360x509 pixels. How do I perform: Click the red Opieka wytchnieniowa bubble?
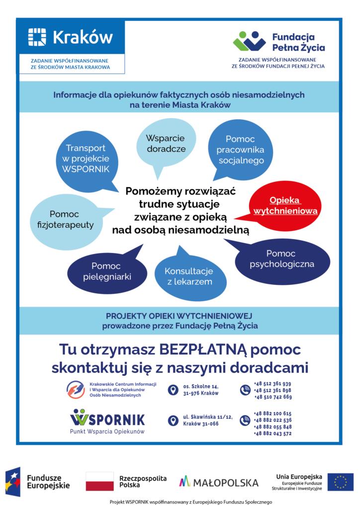point(285,205)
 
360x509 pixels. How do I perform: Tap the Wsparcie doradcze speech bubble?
point(166,144)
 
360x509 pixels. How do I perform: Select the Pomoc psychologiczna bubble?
point(282,259)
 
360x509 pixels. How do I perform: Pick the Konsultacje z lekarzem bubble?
point(188,276)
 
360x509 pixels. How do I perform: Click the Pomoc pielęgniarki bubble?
point(111,271)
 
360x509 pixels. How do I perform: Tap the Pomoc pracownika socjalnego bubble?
point(240,150)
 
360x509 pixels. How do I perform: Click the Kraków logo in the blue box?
point(71,37)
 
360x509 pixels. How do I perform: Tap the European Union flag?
point(340,482)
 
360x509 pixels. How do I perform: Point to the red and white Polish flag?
point(99,481)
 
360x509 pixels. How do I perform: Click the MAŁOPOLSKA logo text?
point(219,482)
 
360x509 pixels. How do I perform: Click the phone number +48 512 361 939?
point(272,384)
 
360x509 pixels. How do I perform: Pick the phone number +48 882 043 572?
point(272,433)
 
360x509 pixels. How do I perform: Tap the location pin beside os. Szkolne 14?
point(173,390)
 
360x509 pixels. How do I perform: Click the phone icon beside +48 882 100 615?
point(245,421)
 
